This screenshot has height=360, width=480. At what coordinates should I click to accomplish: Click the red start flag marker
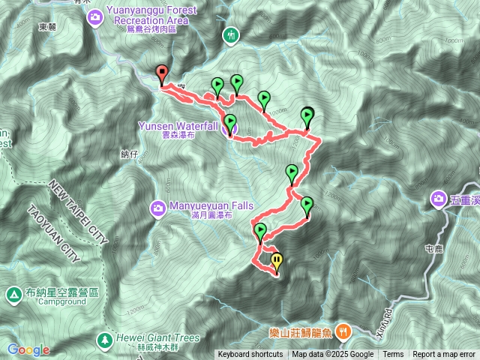pos(162,73)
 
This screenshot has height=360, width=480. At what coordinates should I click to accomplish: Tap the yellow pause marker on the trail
pos(277,262)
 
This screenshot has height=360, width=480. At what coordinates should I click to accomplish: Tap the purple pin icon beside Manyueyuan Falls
pos(158,207)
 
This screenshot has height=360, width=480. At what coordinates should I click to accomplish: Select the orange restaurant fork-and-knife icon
pos(343,330)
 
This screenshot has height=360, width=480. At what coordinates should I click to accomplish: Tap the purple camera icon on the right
pos(438,199)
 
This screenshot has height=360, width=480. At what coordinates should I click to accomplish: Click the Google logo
pos(28,349)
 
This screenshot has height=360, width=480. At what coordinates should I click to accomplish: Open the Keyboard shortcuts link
pos(250,355)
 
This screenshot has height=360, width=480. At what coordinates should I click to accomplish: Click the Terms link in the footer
pos(393,355)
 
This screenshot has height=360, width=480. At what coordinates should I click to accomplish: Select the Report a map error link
pos(444,355)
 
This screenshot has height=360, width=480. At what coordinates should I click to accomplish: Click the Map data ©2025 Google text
pos(332,355)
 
